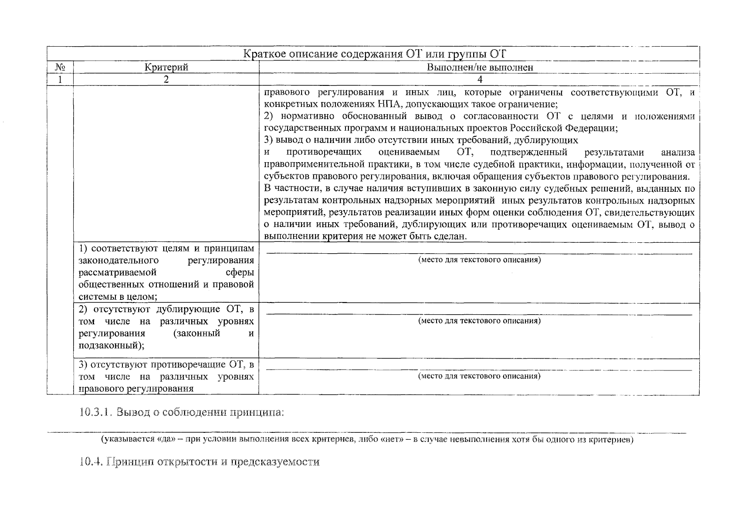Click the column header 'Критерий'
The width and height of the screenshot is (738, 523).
coord(166,67)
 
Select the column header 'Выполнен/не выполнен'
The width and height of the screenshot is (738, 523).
coord(480,67)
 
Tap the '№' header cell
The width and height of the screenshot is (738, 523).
coord(60,67)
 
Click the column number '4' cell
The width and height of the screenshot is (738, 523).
coord(480,79)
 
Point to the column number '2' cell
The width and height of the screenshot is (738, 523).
coord(166,79)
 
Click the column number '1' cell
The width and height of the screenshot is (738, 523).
coord(60,79)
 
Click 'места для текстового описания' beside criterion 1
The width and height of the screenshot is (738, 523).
coord(479,260)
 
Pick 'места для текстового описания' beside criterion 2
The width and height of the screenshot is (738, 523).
coord(479,321)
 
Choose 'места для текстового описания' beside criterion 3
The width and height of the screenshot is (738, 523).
coord(479,376)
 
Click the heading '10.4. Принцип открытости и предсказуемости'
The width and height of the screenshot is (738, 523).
coord(200,462)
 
